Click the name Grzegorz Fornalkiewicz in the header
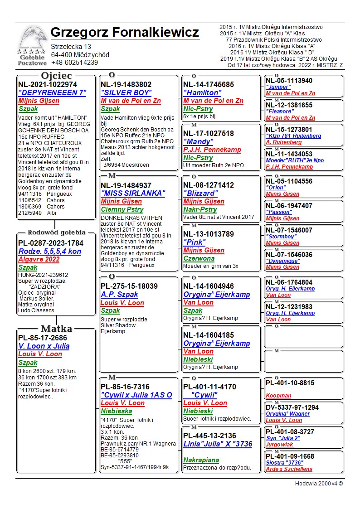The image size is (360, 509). [x=125, y=33]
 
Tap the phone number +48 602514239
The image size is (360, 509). [x=74, y=63]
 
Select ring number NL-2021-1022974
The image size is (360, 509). [x=48, y=84]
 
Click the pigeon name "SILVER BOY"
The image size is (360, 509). [x=126, y=92]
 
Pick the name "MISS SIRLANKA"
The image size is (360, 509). [x=133, y=193]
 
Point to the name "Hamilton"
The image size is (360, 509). [x=202, y=92]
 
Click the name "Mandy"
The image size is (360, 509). [x=198, y=141]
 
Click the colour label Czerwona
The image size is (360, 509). [x=199, y=258]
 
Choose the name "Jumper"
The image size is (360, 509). [x=278, y=87]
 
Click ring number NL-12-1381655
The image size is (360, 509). [x=289, y=105]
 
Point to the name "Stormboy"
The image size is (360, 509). [x=281, y=237]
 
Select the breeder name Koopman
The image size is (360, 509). [x=278, y=396]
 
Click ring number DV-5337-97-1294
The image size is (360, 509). [x=292, y=407]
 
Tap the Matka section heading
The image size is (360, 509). [x=56, y=329]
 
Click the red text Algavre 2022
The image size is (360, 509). [x=39, y=260]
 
